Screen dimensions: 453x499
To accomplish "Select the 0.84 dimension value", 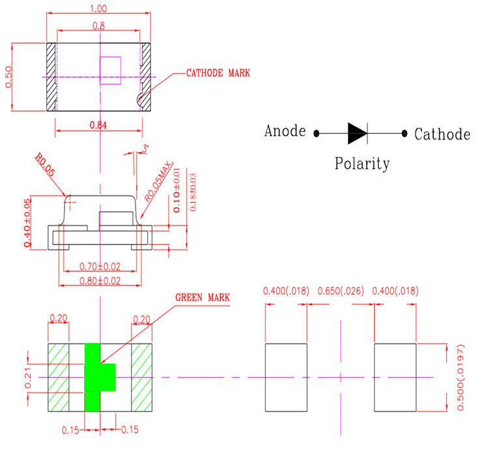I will click(98, 125).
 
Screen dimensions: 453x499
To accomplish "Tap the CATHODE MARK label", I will click(218, 73).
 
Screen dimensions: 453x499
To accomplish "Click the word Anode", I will click(285, 131).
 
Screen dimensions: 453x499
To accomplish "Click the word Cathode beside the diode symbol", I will click(442, 135).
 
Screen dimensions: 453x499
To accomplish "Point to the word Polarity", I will click(362, 163).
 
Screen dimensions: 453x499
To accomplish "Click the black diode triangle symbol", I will click(357, 133).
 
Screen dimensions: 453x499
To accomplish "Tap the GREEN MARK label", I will click(203, 297).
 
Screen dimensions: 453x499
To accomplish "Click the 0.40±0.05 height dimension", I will click(27, 222).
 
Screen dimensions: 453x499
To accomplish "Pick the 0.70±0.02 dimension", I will click(100, 266).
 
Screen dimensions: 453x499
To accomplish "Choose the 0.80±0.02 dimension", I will click(100, 282).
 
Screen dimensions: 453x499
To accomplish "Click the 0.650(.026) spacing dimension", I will click(339, 291).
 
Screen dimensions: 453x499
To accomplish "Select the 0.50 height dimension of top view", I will click(8, 78).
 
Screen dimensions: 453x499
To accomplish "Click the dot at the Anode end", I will click(317, 134).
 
